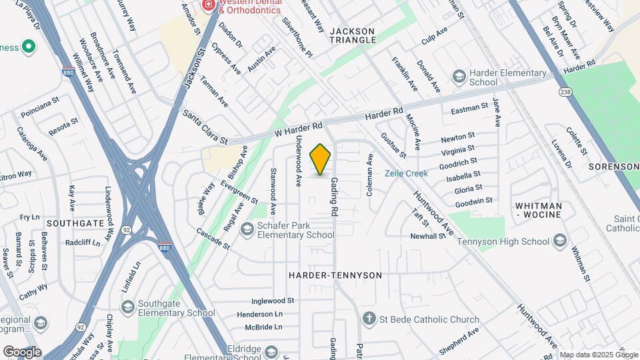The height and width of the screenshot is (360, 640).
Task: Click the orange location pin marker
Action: pyautogui.click(x=321, y=160)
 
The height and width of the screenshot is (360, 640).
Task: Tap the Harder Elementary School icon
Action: pyautogui.click(x=458, y=77)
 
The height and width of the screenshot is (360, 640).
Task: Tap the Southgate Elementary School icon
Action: pyautogui.click(x=128, y=306)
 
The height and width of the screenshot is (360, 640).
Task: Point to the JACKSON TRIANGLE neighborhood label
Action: pyautogui.click(x=353, y=35)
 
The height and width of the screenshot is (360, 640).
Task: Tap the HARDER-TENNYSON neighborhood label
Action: pyautogui.click(x=335, y=275)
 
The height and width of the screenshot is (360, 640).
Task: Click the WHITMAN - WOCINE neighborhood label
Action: pyautogui.click(x=539, y=211)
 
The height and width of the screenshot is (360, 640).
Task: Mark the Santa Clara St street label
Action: pyautogui.click(x=205, y=127)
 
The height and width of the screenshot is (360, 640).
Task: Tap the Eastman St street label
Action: pyautogui.click(x=470, y=109)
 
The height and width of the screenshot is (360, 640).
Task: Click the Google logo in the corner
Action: pyautogui.click(x=22, y=351)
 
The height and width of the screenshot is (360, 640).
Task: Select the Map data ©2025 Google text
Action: pyautogui.click(x=598, y=355)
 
